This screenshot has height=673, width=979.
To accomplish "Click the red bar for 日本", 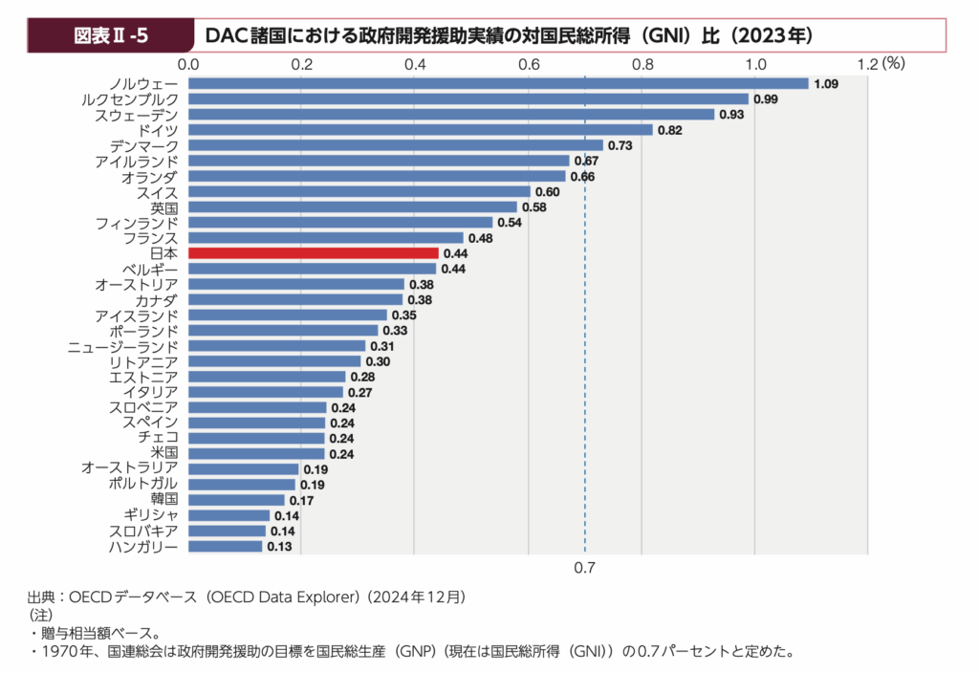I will pyautogui.click(x=313, y=253).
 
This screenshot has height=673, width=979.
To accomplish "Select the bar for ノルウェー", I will pyautogui.click(x=498, y=84).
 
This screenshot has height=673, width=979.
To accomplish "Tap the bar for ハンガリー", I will pyautogui.click(x=225, y=547).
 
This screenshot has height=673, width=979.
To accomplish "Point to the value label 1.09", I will pyautogui.click(x=826, y=84).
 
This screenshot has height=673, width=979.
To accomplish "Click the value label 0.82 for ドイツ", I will pyautogui.click(x=669, y=130).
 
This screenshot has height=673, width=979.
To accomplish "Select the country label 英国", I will pyautogui.click(x=163, y=207).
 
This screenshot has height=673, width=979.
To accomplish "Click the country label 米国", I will pyautogui.click(x=163, y=452).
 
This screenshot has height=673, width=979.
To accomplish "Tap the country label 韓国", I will pyautogui.click(x=163, y=499).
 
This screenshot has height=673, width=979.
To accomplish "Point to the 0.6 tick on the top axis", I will pyautogui.click(x=529, y=64).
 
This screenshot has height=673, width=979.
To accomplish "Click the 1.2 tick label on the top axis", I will pyautogui.click(x=868, y=64).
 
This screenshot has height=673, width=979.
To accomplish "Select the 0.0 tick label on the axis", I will pyautogui.click(x=188, y=64).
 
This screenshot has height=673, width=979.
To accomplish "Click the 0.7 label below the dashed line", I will pyautogui.click(x=585, y=569).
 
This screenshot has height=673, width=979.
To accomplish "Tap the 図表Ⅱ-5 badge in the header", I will pyautogui.click(x=111, y=36).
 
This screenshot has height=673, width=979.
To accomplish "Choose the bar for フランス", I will pyautogui.click(x=325, y=238).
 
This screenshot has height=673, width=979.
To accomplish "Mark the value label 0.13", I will pyautogui.click(x=280, y=547).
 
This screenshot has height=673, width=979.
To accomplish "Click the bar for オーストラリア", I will pyautogui.click(x=243, y=468).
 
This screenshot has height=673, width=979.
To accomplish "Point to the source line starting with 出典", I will pyautogui.click(x=246, y=597).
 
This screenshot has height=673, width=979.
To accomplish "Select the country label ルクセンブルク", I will pyautogui.click(x=130, y=99).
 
